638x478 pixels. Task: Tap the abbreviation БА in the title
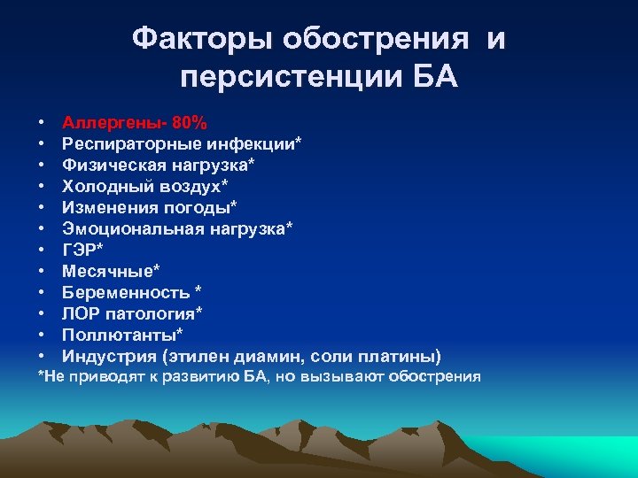click(x=435, y=78)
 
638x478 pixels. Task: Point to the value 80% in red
click(x=191, y=121)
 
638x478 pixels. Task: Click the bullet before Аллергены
click(x=42, y=121)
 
